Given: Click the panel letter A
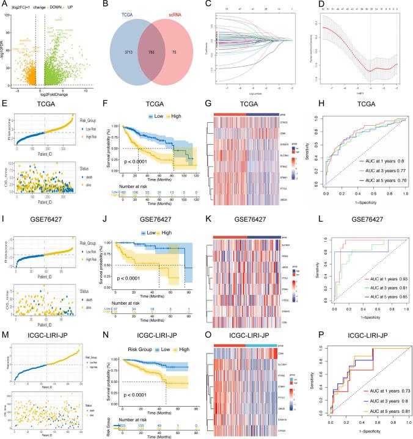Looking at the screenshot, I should [4, 5].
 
